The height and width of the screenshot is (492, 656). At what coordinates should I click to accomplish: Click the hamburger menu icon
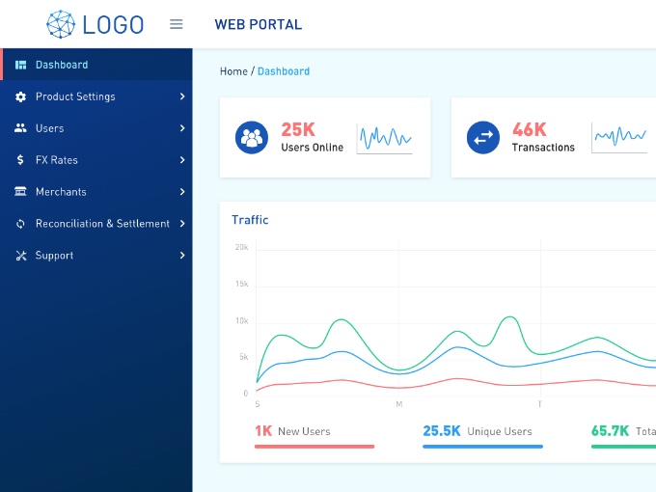coord(177,24)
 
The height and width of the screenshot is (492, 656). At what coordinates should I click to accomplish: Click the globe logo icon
coord(61,24)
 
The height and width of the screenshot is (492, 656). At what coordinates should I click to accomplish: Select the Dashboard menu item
coord(62,65)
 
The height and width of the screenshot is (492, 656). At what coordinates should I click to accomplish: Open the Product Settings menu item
coord(75,96)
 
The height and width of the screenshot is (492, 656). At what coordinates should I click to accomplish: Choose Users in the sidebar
coord(49,128)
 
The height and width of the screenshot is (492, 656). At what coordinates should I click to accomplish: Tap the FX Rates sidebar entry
coord(57,160)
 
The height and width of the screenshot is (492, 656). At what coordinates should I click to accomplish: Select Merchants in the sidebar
coord(61,192)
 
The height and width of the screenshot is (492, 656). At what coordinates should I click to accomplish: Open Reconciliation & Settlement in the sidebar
coord(102,224)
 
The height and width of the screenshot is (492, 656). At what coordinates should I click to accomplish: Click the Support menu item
coord(54,256)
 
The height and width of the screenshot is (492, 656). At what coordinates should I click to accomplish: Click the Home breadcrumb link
coord(233,71)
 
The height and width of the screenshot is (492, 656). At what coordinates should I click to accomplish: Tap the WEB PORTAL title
coord(259,24)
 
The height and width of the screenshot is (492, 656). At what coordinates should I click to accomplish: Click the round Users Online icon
coord(252,137)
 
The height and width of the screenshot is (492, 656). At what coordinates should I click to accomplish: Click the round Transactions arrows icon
coord(483,137)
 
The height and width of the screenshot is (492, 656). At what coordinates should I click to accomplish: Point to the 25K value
coord(298,129)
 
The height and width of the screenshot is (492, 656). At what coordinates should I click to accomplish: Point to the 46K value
coord(530,129)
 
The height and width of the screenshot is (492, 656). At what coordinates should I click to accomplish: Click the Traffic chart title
coord(250,220)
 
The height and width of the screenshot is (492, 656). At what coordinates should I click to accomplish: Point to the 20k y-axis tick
coord(241,247)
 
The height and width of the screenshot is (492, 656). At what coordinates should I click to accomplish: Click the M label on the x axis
coord(398,404)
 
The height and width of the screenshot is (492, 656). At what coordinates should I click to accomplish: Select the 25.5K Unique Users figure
coord(442,431)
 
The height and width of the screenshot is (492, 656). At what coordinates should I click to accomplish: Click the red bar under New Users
coord(314,447)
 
